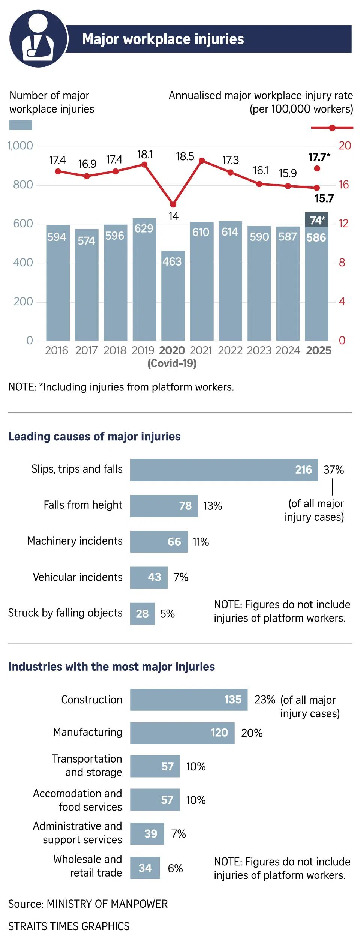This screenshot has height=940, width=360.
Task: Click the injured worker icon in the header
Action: [38, 39]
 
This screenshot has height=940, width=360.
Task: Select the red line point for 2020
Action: [173, 204]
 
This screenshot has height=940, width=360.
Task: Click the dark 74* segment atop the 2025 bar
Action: [317, 220]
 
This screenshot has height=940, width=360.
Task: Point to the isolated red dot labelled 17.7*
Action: [317, 168]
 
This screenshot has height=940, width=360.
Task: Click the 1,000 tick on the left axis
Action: [20, 146]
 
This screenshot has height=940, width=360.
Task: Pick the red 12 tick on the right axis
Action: [343, 224]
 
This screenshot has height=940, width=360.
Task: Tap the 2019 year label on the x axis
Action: [143, 350]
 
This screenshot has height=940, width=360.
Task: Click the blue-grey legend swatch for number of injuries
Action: [20, 125]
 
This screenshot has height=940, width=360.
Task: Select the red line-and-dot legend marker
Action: [332, 128]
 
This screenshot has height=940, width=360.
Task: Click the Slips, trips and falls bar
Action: [223, 470]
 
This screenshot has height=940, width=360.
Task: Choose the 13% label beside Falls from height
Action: [213, 506]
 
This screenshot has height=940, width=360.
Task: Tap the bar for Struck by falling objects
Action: [142, 614]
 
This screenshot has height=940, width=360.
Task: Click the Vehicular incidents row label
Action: [78, 577]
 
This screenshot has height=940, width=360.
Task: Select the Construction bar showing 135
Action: [189, 700]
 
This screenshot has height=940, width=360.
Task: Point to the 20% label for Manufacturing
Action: [252, 733]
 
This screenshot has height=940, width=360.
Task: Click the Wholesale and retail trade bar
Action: [145, 868]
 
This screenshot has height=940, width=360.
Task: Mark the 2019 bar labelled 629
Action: [144, 279]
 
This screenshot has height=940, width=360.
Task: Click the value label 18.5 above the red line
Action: [185, 156]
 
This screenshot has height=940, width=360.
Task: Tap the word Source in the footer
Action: [25, 904]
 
